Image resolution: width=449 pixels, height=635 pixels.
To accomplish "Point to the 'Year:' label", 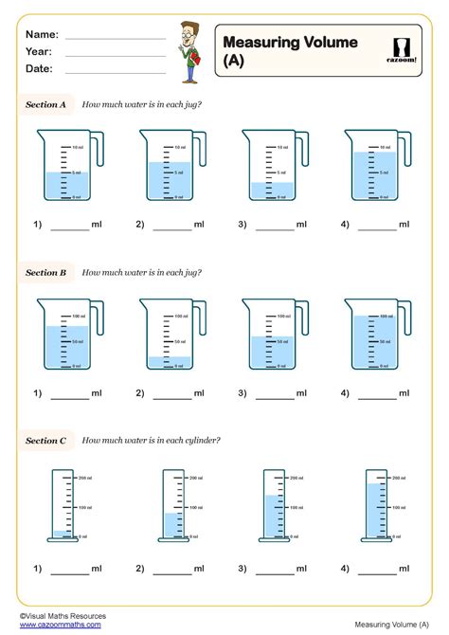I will point(39,51).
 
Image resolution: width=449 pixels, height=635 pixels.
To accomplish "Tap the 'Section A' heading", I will point(45,105).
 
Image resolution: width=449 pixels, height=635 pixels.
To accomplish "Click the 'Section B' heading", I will point(45,273).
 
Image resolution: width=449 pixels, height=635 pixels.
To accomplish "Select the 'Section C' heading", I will point(45,440).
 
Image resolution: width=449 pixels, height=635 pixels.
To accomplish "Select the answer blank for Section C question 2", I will point(171,571).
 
